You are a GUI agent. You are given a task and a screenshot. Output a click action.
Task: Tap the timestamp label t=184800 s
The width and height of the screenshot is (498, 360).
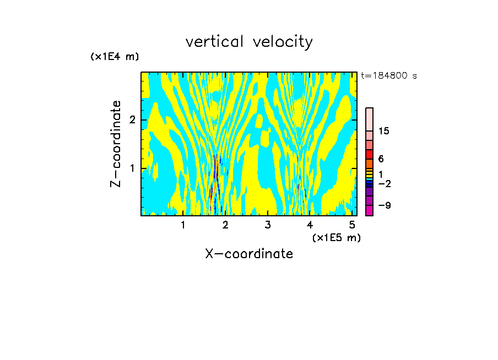(x=389, y=75)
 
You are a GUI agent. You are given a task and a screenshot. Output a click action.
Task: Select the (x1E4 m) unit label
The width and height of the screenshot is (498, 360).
(x=115, y=57)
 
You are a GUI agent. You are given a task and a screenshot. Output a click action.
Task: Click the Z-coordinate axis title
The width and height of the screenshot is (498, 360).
(x=116, y=144)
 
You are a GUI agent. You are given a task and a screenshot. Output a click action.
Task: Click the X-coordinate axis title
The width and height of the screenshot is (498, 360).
(x=249, y=254)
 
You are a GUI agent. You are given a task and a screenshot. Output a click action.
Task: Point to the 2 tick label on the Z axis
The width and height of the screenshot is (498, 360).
(x=131, y=120)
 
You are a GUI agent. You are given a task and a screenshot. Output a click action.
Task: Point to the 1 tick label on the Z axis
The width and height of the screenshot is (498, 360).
(x=131, y=168)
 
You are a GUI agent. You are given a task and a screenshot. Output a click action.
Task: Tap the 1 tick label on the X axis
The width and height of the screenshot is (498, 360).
(x=183, y=225)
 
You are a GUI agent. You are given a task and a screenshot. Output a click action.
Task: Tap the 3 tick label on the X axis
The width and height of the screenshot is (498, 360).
(x=268, y=225)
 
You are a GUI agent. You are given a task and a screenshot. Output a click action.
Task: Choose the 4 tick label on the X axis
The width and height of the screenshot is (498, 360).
(x=310, y=225)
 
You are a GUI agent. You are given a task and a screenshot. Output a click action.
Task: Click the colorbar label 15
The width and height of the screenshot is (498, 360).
(x=384, y=131)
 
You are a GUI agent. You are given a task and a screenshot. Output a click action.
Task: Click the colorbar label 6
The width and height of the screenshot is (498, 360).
(x=381, y=159)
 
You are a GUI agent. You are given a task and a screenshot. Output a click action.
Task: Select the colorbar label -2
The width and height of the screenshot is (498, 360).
(x=384, y=183)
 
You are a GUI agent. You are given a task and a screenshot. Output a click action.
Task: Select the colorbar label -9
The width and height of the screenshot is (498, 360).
(x=384, y=205)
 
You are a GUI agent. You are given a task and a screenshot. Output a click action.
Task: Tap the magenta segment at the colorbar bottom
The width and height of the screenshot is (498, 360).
(x=369, y=210)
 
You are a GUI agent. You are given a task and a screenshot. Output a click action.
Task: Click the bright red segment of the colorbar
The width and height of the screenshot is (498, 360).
(x=369, y=154)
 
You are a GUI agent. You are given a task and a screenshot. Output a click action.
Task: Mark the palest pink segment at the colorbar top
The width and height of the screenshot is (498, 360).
(x=369, y=119)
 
